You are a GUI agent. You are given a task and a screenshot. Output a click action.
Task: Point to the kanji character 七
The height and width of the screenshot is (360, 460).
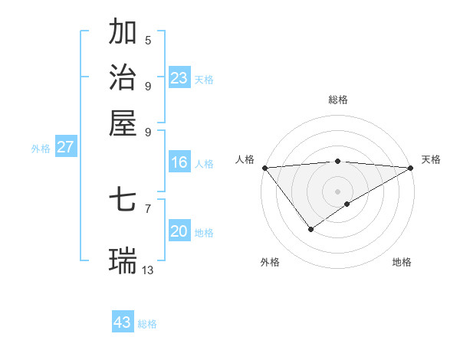tap(123, 201)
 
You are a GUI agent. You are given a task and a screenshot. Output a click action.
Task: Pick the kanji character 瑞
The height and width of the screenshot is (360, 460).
tap(123, 260)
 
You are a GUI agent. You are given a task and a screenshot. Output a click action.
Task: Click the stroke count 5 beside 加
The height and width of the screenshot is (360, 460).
tap(148, 41)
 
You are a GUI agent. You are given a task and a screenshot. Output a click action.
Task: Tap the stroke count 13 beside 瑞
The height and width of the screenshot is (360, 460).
tap(148, 270)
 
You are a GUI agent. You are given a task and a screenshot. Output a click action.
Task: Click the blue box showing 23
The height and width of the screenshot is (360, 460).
tap(179, 78)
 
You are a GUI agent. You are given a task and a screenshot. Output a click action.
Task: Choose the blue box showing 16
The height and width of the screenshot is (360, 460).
tap(179, 162)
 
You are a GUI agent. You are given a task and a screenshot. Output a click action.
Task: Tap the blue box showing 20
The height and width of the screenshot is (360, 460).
tap(179, 231)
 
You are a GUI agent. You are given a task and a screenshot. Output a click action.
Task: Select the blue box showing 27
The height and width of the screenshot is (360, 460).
tap(65, 147)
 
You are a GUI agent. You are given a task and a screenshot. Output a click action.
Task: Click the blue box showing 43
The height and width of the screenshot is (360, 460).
tap(123, 322)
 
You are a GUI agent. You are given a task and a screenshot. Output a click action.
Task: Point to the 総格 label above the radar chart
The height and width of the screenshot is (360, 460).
tap(337, 100)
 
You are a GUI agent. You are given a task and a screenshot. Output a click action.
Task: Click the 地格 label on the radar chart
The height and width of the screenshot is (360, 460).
tap(402, 262)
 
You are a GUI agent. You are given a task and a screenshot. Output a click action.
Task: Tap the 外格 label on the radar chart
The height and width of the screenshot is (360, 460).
tap(270, 262)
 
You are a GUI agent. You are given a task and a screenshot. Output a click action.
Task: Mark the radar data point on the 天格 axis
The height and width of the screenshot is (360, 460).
tap(411, 168)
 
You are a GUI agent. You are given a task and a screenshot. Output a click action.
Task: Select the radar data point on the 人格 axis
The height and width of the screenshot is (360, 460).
tap(264, 168)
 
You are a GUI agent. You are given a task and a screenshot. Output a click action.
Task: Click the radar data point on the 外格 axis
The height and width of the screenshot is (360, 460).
tap(310, 228)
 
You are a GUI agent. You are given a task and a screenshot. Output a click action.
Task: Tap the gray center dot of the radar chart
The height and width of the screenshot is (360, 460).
tap(337, 191)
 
